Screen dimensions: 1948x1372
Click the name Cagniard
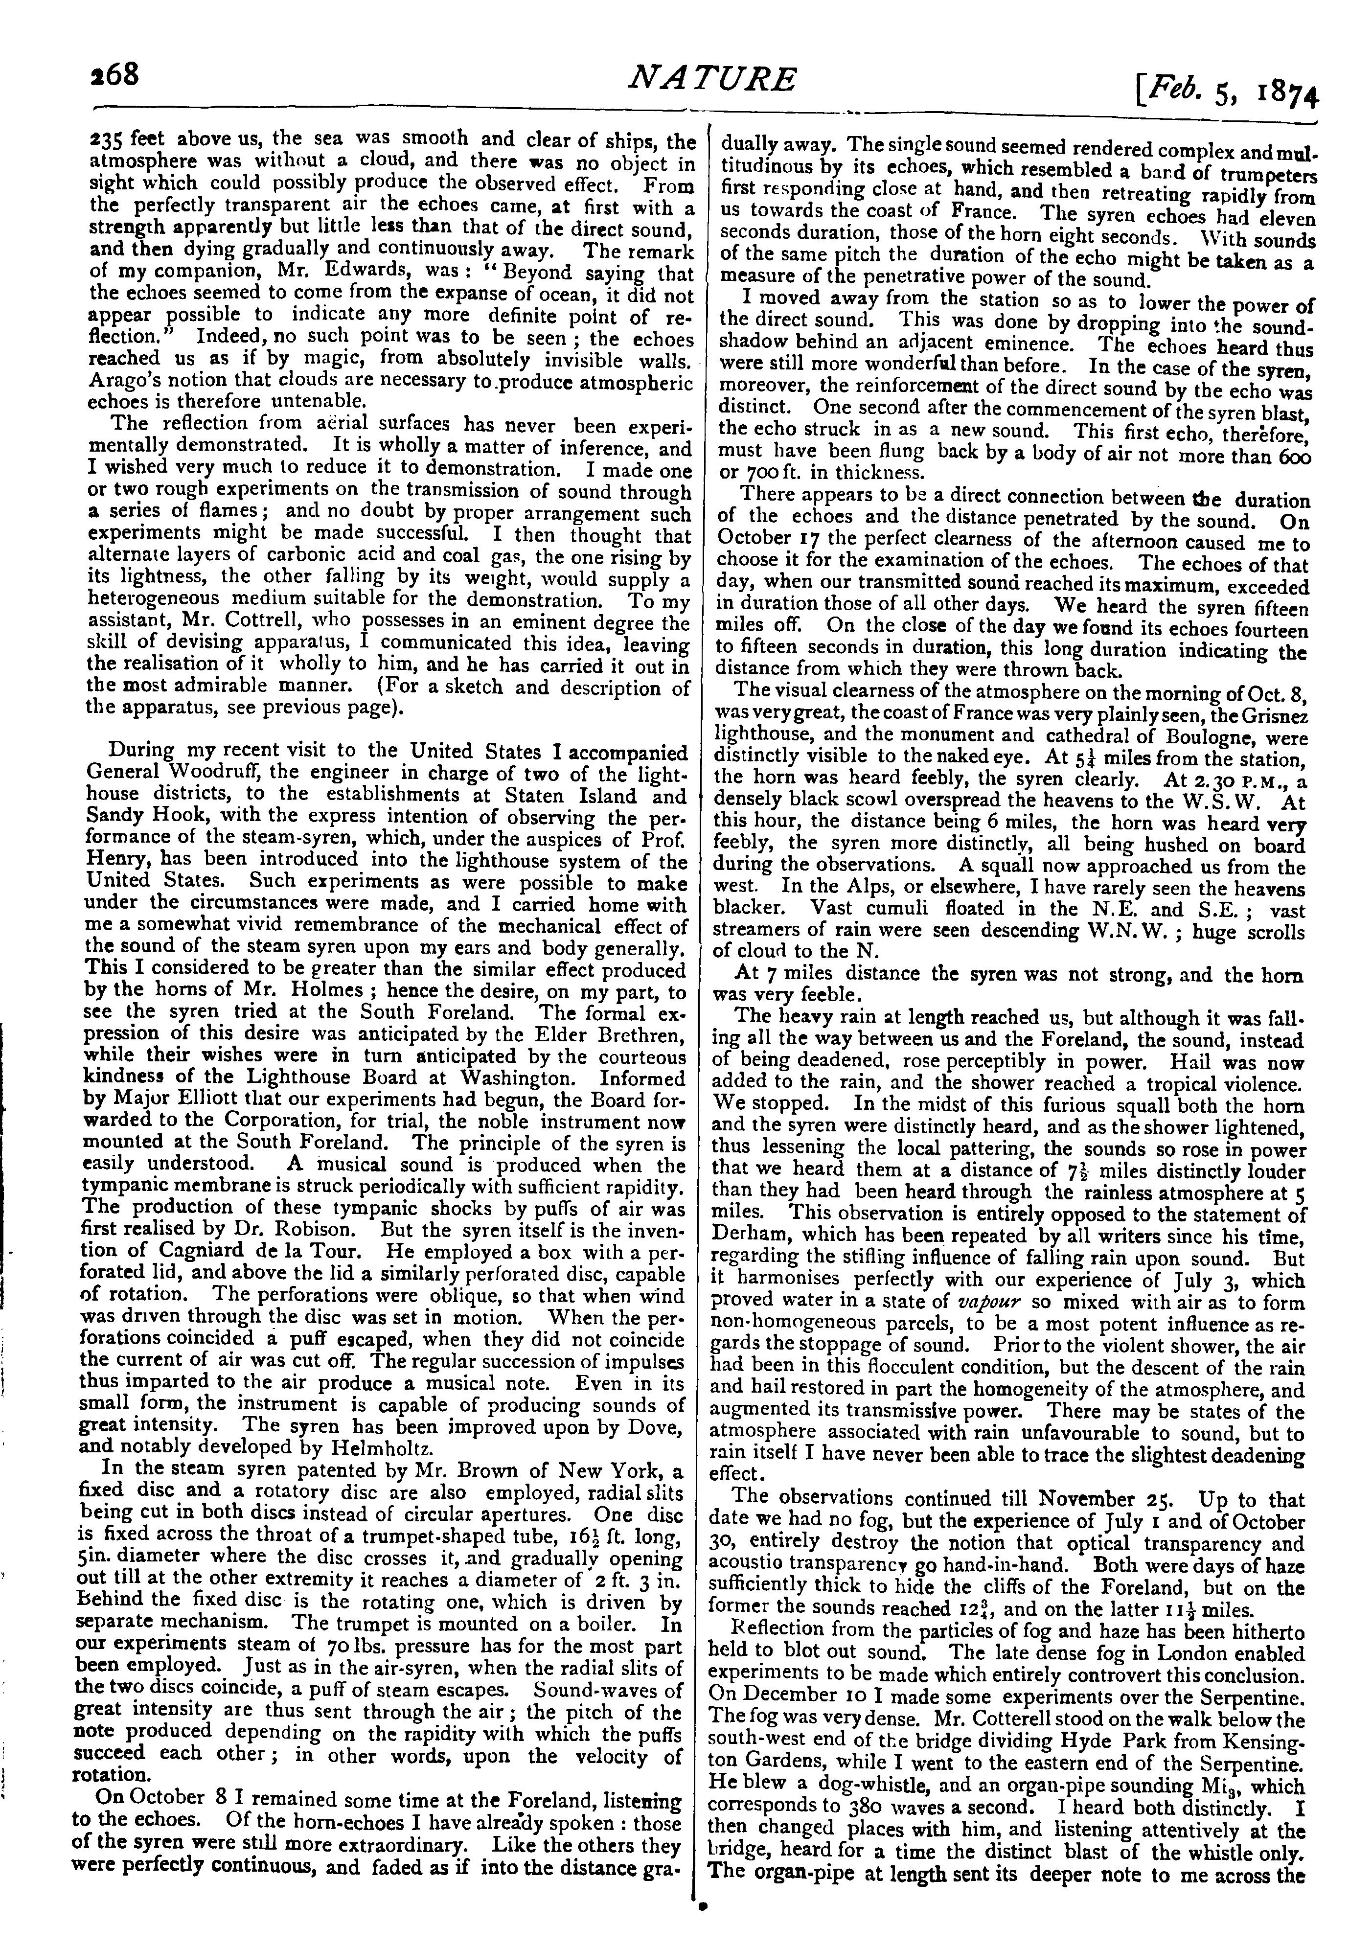click(200, 1251)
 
